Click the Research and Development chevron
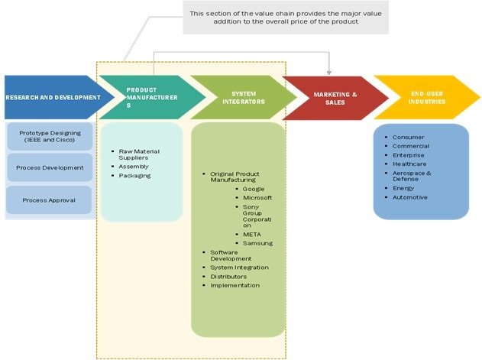click(52, 97)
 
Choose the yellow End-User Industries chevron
click(422, 97)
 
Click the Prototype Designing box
click(50, 138)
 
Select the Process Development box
click(50, 167)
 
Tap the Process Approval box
click(50, 199)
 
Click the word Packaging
click(134, 176)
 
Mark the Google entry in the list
click(253, 188)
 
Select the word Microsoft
click(257, 197)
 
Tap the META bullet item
click(251, 234)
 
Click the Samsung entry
click(257, 243)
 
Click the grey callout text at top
click(286, 17)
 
